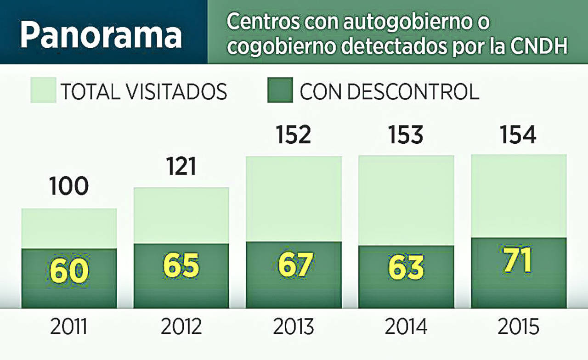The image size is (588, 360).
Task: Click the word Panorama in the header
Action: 101,35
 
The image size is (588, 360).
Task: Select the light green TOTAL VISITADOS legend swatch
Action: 43,90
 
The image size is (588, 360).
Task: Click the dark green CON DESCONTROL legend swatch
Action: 280,90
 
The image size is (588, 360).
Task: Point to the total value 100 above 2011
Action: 68,187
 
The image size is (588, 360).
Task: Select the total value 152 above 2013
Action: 294,135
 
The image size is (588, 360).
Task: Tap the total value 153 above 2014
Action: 406,135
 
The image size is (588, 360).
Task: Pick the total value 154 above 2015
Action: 519,135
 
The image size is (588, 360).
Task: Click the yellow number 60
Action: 69,271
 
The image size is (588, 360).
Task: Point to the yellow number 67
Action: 294,265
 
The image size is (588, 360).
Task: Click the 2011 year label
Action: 68,327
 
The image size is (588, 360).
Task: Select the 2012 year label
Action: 181,327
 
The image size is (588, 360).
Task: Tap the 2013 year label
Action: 294,327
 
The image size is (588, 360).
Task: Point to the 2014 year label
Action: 406,327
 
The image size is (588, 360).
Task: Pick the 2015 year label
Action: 519,327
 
